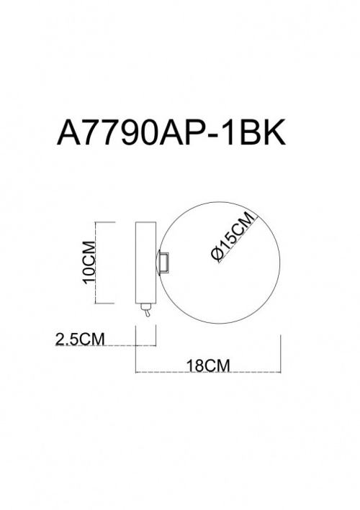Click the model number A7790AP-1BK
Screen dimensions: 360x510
[x=171, y=132]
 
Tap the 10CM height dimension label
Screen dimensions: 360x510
[x=89, y=262]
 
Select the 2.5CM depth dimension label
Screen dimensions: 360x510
[x=81, y=340]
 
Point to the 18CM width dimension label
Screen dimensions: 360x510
[x=208, y=365]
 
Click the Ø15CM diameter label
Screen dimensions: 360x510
[x=232, y=236]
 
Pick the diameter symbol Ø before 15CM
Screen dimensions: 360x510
[x=216, y=254]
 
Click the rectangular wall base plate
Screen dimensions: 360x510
[x=146, y=263]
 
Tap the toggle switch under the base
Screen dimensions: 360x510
[x=146, y=310]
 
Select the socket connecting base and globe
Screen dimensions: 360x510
[x=163, y=262]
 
